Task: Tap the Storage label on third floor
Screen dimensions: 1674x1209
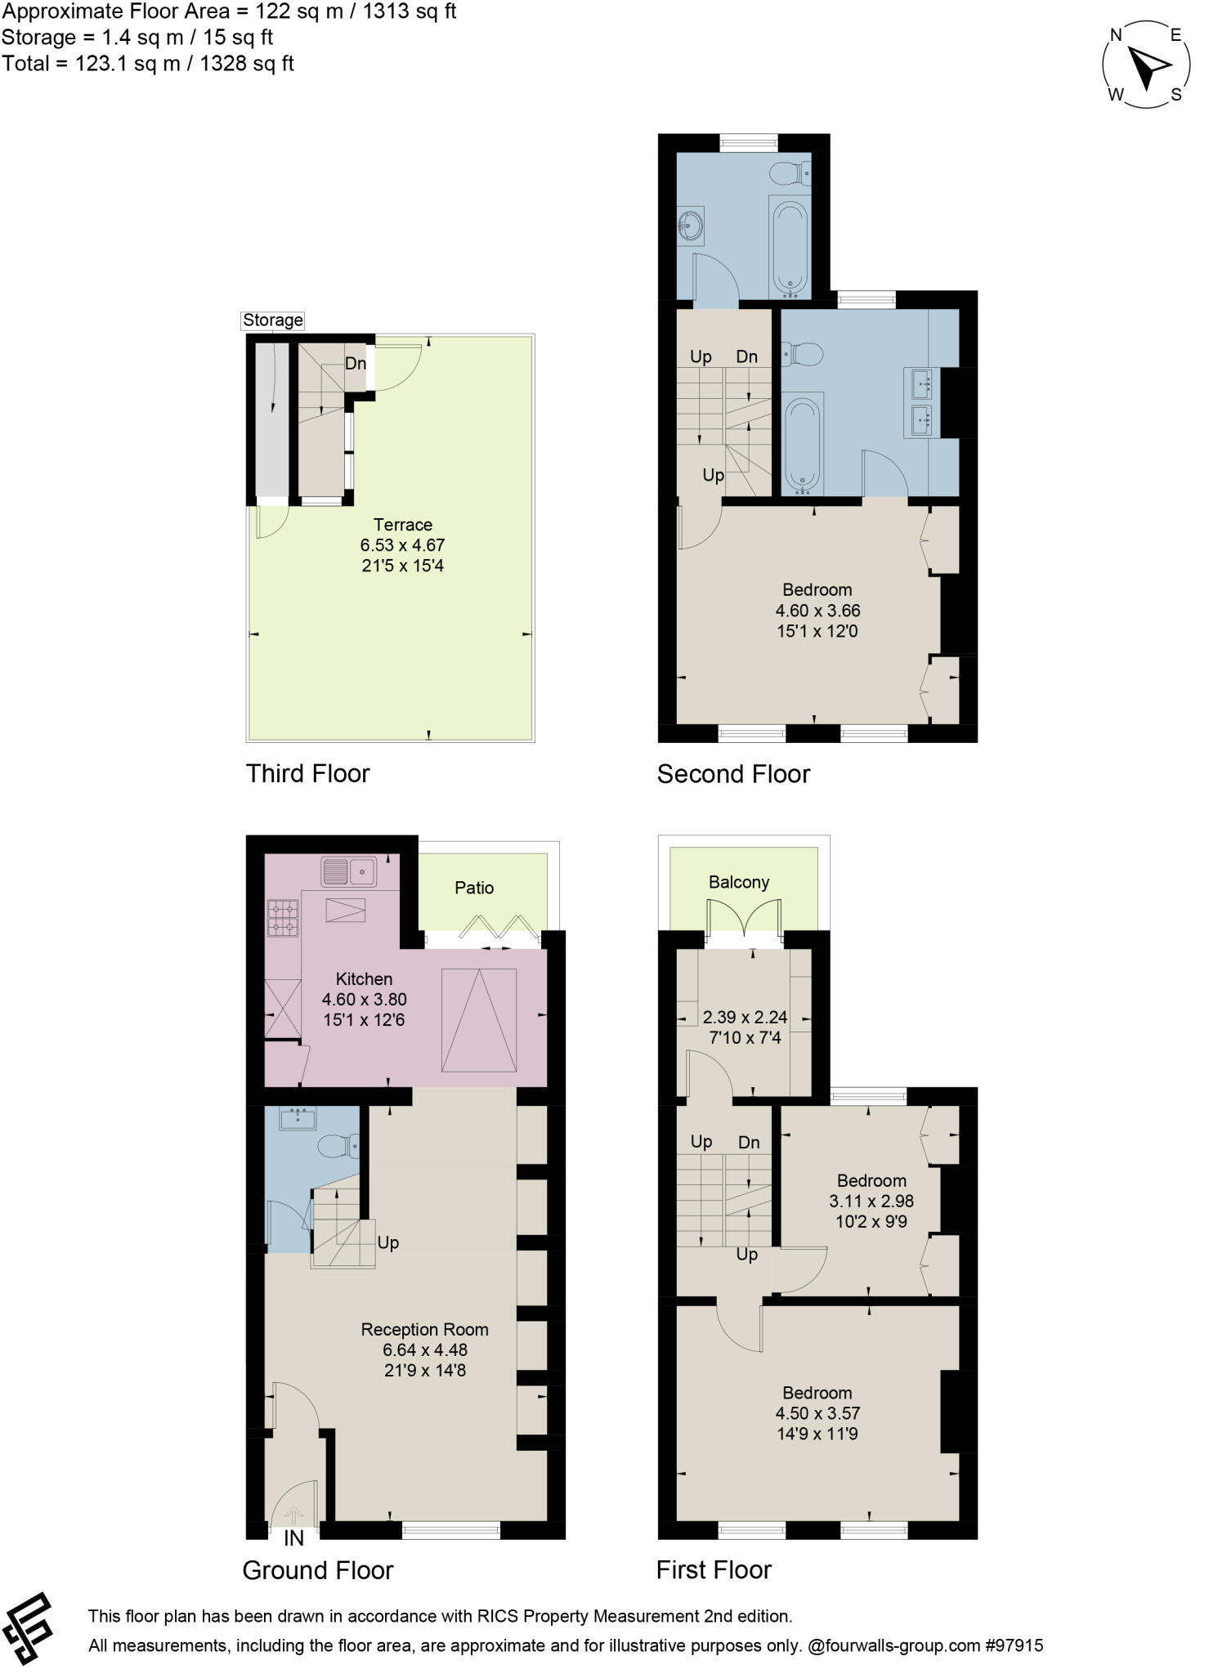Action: click(x=272, y=320)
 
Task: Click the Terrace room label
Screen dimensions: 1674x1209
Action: click(x=402, y=525)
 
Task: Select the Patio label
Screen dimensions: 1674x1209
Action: click(x=474, y=888)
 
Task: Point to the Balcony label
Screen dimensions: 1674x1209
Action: click(x=738, y=882)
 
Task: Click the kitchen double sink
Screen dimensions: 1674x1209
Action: click(x=348, y=872)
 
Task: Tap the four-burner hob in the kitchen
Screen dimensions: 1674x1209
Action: click(x=284, y=917)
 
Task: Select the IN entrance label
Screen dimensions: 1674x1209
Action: click(x=293, y=1538)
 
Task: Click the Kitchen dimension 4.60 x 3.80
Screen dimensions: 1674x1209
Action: click(x=365, y=999)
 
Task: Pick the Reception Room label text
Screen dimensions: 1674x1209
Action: click(x=424, y=1330)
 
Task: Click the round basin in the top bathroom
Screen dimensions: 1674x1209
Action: click(x=691, y=225)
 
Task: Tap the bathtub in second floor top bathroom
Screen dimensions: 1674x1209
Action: click(x=790, y=245)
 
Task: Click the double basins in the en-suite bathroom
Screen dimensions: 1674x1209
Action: click(x=922, y=403)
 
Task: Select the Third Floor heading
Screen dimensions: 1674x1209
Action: click(x=308, y=773)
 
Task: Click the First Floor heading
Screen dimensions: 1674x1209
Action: click(x=714, y=1569)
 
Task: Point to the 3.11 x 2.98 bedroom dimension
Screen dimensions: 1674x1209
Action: click(x=871, y=1201)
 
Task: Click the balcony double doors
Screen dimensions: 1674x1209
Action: click(x=745, y=919)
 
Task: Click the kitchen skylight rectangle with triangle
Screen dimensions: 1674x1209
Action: click(x=479, y=1019)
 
